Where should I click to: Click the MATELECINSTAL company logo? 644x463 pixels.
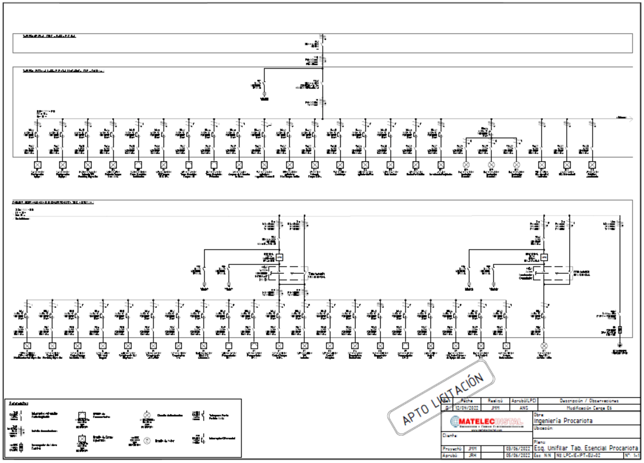pos(487,422)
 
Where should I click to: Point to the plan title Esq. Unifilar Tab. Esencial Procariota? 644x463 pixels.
pos(586,448)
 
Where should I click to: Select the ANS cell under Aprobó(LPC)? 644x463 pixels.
pos(523,408)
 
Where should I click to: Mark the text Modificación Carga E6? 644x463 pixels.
pos(589,408)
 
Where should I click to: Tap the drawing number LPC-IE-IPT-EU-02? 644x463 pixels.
pos(579,456)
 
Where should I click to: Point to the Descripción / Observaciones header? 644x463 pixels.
pos(589,401)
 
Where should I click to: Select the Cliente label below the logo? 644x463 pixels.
pos(450,435)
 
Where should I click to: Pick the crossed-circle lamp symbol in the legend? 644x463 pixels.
pos(147,415)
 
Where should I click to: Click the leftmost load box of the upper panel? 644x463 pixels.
pos(37,165)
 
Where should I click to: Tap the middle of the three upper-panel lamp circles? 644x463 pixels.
pos(491,165)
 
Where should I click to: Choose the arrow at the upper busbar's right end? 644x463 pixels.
pos(630,118)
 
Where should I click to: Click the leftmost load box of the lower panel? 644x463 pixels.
pos(27,345)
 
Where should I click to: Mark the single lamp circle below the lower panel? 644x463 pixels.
pos(544,345)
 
